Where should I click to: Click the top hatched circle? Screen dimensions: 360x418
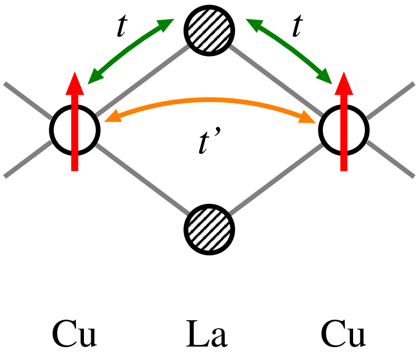(209, 30)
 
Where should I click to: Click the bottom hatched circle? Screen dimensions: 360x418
(209, 230)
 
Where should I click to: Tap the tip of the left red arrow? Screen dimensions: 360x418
(75, 74)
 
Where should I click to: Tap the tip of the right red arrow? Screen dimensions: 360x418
(344, 74)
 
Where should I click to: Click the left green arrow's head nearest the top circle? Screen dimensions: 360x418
(166, 24)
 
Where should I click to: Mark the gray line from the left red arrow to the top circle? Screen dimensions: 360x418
(143, 82)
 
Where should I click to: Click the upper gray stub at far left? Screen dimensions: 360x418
(27, 100)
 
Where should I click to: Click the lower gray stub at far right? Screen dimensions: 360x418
(391, 159)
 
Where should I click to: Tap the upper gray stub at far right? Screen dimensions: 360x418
(391, 100)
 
